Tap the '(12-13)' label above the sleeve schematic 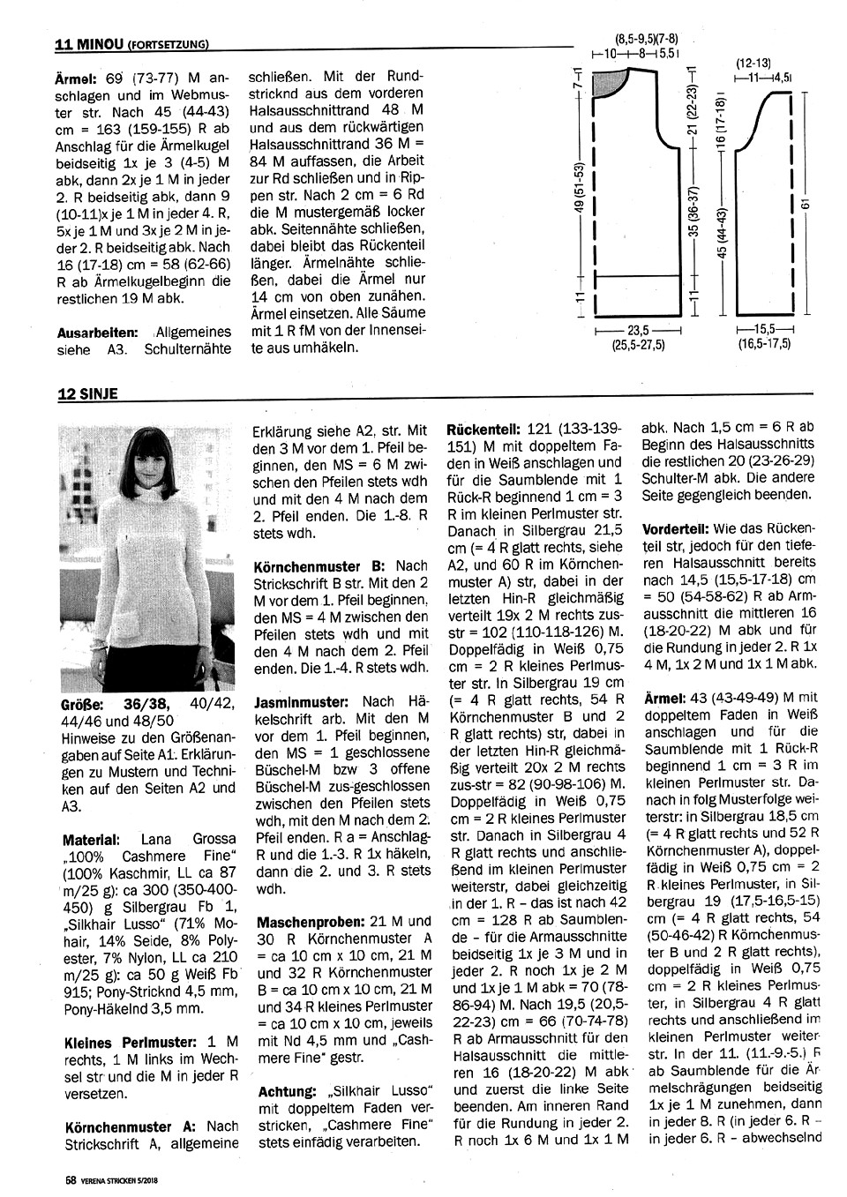[753, 63]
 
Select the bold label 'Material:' [92, 839]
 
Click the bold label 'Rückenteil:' [486, 427]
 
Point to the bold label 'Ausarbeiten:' [97, 332]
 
